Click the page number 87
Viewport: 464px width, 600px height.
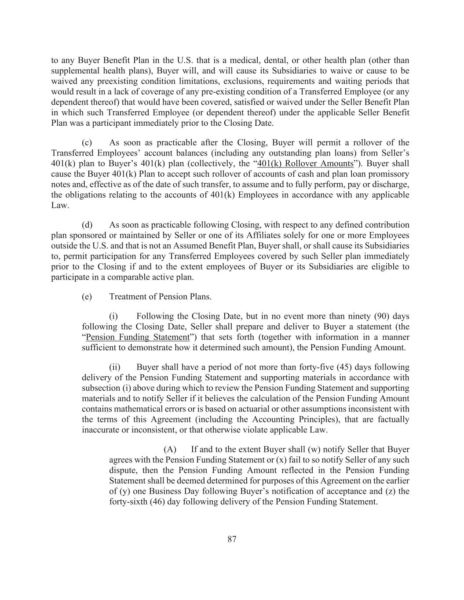[x=232, y=539]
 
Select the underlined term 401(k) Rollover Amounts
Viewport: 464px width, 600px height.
[x=305, y=164]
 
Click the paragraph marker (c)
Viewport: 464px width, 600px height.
[x=87, y=142]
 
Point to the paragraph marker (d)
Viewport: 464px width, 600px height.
[x=87, y=225]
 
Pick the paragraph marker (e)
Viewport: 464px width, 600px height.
[x=87, y=297]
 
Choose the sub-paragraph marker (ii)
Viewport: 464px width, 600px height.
[x=115, y=367]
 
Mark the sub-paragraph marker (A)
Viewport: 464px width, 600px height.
[x=170, y=449]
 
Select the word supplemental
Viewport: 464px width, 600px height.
[x=73, y=71]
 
